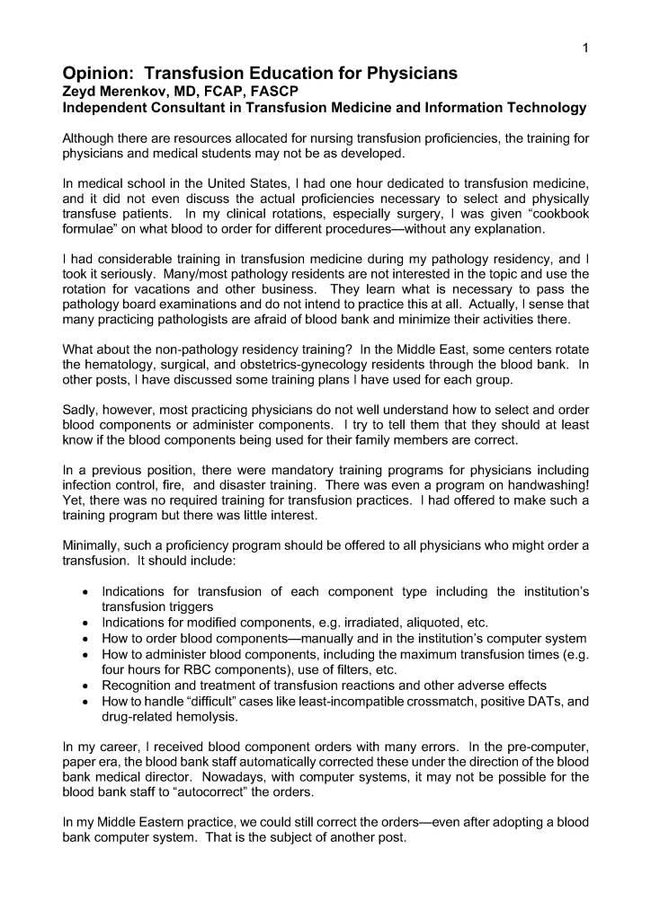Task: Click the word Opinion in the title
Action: pyautogui.click(x=97, y=73)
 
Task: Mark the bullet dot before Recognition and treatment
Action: pyautogui.click(x=84, y=684)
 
